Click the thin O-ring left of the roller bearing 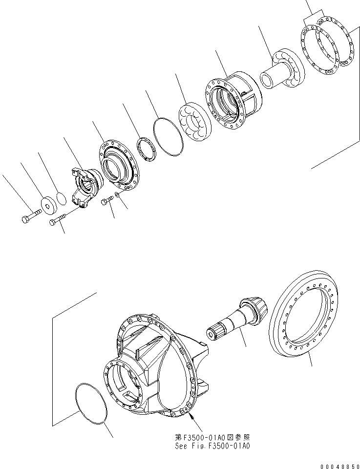point(169,136)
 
